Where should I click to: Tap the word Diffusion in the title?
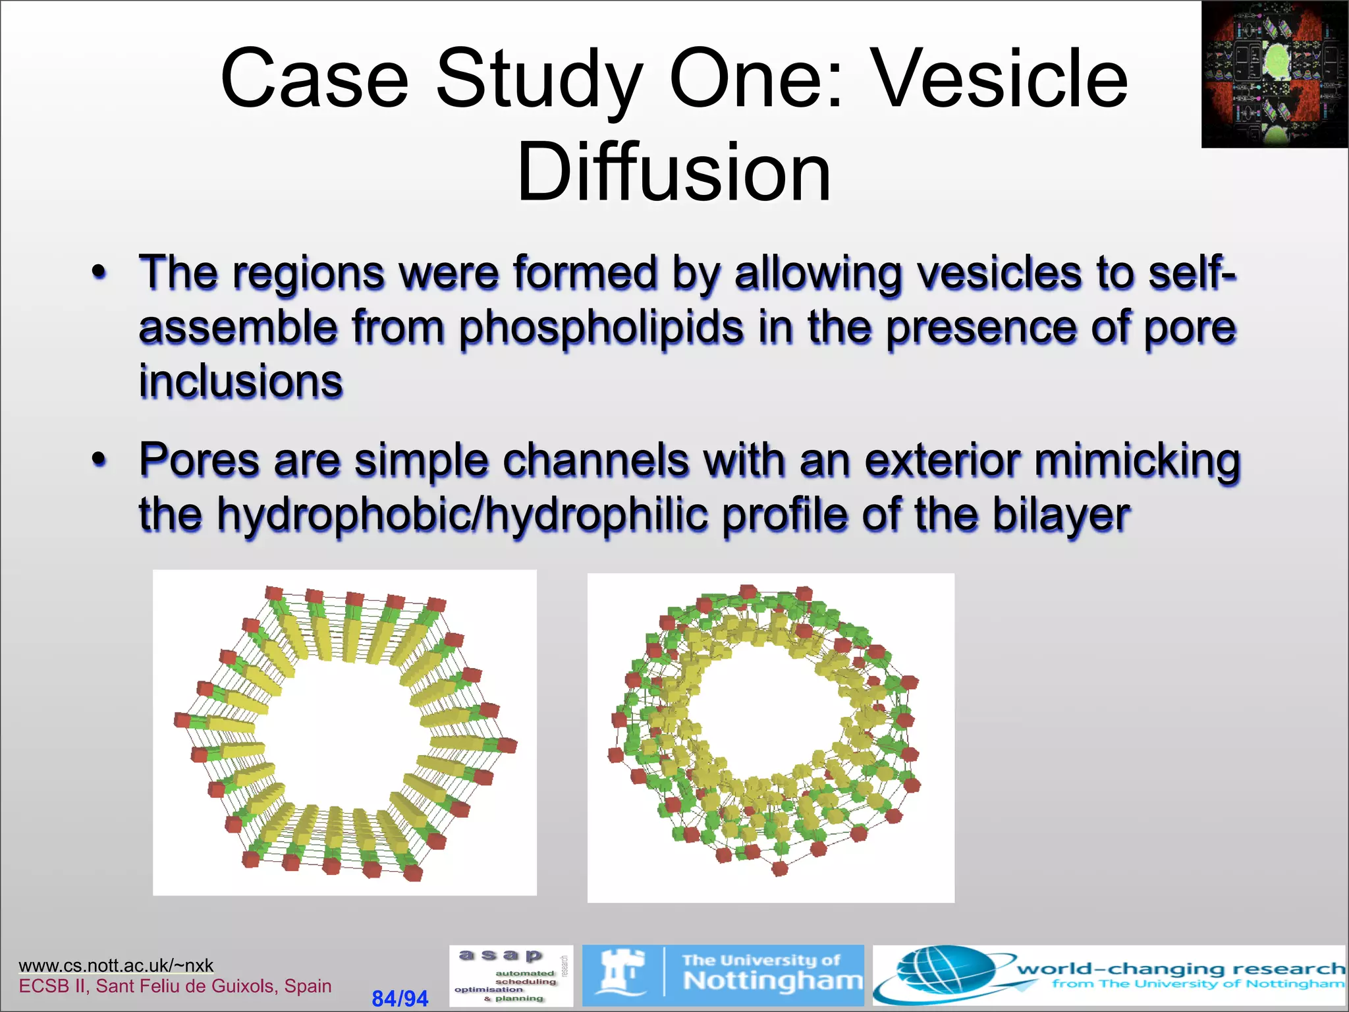(674, 173)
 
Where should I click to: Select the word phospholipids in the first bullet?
(601, 327)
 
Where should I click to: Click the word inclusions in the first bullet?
(240, 381)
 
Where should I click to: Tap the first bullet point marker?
(99, 272)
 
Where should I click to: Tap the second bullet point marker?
(99, 459)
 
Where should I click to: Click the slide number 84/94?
(400, 998)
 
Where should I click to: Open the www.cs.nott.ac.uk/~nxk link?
(116, 965)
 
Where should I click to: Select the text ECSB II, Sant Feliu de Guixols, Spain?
(175, 986)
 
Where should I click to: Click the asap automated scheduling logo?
(510, 976)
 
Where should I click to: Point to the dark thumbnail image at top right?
(1274, 74)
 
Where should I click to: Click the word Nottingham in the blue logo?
(772, 981)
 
